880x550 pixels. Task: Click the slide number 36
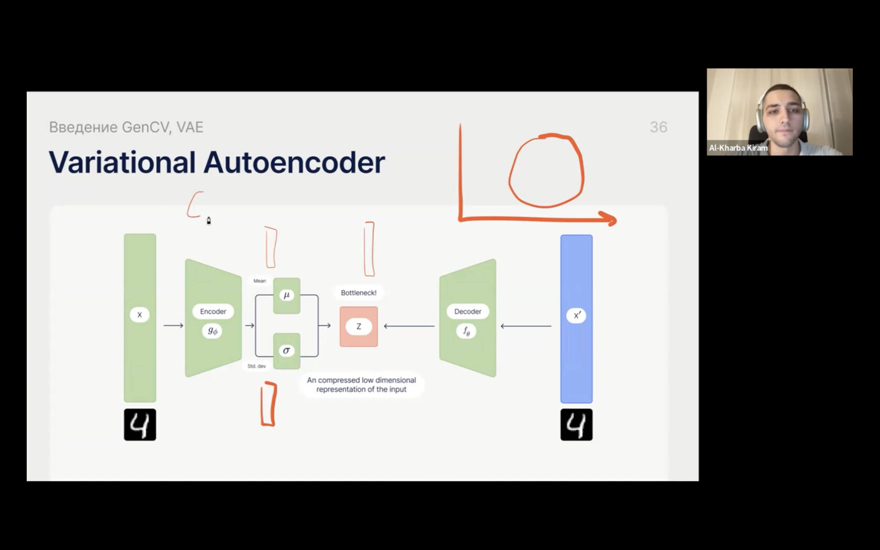(x=658, y=127)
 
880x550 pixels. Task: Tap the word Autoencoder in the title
(x=294, y=163)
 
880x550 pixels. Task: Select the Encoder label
(x=213, y=311)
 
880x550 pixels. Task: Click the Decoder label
(x=467, y=311)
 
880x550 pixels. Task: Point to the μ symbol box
(x=287, y=296)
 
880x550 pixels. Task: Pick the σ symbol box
(x=287, y=351)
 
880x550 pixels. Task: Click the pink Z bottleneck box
(x=359, y=326)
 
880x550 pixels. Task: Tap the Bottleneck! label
(x=359, y=293)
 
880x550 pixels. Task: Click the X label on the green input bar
(x=139, y=315)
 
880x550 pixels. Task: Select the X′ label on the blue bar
(x=576, y=315)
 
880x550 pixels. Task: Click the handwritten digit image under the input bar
(x=140, y=425)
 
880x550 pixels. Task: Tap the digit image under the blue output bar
(x=576, y=425)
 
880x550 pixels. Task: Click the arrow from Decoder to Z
(x=409, y=326)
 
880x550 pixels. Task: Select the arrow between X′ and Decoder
(x=526, y=326)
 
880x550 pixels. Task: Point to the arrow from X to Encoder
(x=173, y=326)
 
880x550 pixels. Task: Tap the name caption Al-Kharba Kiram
(x=738, y=148)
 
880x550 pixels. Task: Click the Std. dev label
(x=257, y=366)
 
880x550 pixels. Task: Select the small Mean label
(x=260, y=281)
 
